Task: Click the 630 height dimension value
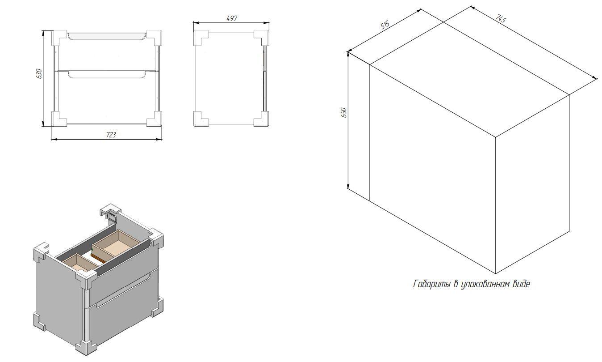(x=39, y=73)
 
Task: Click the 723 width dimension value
(x=111, y=135)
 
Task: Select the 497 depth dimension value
(x=232, y=18)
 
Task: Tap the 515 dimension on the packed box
(x=385, y=25)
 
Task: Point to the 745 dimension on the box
(x=501, y=18)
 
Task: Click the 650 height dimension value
(x=344, y=112)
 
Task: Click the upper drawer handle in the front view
(x=107, y=37)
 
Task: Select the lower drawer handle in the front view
(x=107, y=75)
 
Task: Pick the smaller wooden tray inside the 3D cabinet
(x=80, y=263)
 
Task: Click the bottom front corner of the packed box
(x=496, y=274)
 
